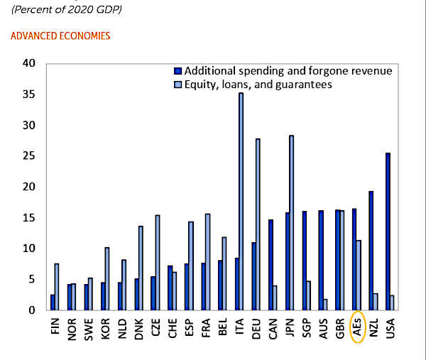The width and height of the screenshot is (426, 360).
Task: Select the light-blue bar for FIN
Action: [x=56, y=287]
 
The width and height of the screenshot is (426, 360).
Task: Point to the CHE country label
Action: [x=173, y=327]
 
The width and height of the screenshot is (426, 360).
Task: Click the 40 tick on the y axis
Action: [x=29, y=63]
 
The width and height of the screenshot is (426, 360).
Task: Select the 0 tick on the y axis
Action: [x=32, y=310]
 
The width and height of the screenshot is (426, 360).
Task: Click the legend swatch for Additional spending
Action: [x=177, y=71]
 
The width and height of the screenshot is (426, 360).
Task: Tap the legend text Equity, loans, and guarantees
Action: [x=258, y=84]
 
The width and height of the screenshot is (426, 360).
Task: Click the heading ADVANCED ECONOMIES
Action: [x=60, y=36]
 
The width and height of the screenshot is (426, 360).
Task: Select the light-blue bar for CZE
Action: [x=157, y=263]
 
